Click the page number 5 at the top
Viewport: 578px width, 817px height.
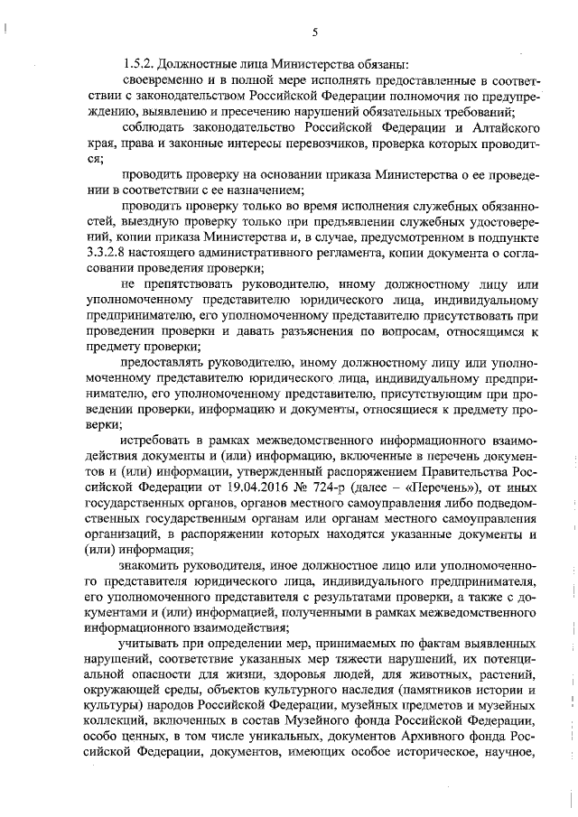click(x=315, y=33)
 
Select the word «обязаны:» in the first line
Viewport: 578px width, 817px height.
click(x=380, y=64)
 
